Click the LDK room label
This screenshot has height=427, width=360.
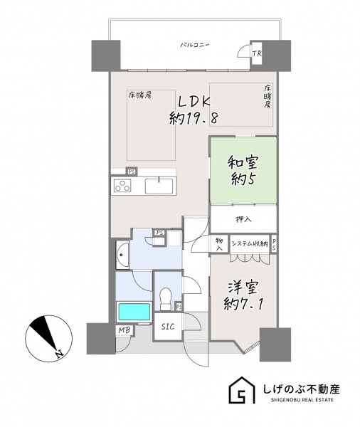194,102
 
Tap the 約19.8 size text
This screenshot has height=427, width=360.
194,118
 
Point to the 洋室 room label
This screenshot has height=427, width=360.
243,288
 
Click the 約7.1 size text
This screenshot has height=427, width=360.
243,304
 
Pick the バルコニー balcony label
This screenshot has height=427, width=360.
195,45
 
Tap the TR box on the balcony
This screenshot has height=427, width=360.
256,53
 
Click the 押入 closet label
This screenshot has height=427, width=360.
244,219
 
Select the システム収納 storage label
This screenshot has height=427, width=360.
250,243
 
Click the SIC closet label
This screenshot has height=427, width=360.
168,326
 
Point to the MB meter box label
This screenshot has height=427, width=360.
125,330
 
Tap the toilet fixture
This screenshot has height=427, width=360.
165,299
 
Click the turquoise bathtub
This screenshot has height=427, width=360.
134,312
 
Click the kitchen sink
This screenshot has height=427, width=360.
159,186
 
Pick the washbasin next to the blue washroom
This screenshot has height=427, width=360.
122,255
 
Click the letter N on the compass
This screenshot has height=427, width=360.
58,352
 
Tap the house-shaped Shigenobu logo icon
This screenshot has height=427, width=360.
242,391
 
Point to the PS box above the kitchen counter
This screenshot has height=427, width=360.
132,172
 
